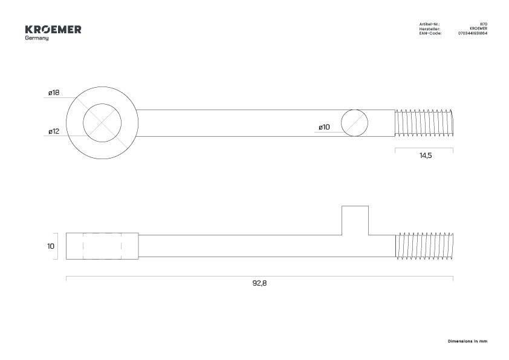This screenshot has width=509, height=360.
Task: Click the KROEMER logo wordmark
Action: tap(53, 30)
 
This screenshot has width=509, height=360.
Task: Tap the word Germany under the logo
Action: tap(37, 38)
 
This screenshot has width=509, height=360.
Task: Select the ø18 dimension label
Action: tap(54, 93)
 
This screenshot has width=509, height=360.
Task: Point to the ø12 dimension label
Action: tap(54, 131)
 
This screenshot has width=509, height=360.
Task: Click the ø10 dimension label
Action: tap(324, 127)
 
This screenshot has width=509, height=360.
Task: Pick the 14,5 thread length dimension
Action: tap(426, 155)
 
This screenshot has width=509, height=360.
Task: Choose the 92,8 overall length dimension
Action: tap(259, 283)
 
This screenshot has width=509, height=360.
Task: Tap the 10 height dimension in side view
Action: tap(51, 246)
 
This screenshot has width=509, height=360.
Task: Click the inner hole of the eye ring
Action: tap(102, 123)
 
